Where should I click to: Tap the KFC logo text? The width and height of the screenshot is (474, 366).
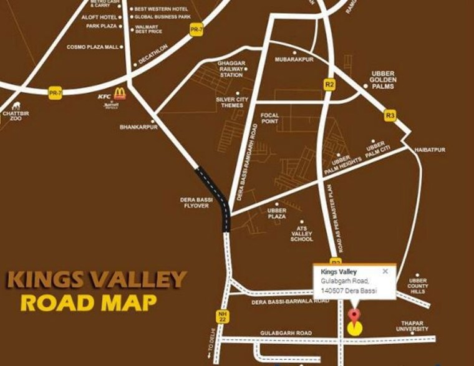pos(104,96)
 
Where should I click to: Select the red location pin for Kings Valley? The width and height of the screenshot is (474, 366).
pos(356,315)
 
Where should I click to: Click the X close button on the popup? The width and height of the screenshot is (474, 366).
pos(385,271)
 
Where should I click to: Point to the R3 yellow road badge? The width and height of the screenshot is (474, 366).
pos(390,115)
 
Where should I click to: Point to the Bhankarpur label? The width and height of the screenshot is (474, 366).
pos(138,127)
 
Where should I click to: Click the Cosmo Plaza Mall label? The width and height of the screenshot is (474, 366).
pos(92,47)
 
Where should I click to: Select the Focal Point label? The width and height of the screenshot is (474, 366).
pos(270,118)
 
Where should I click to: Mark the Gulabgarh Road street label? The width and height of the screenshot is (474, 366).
pos(286,334)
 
